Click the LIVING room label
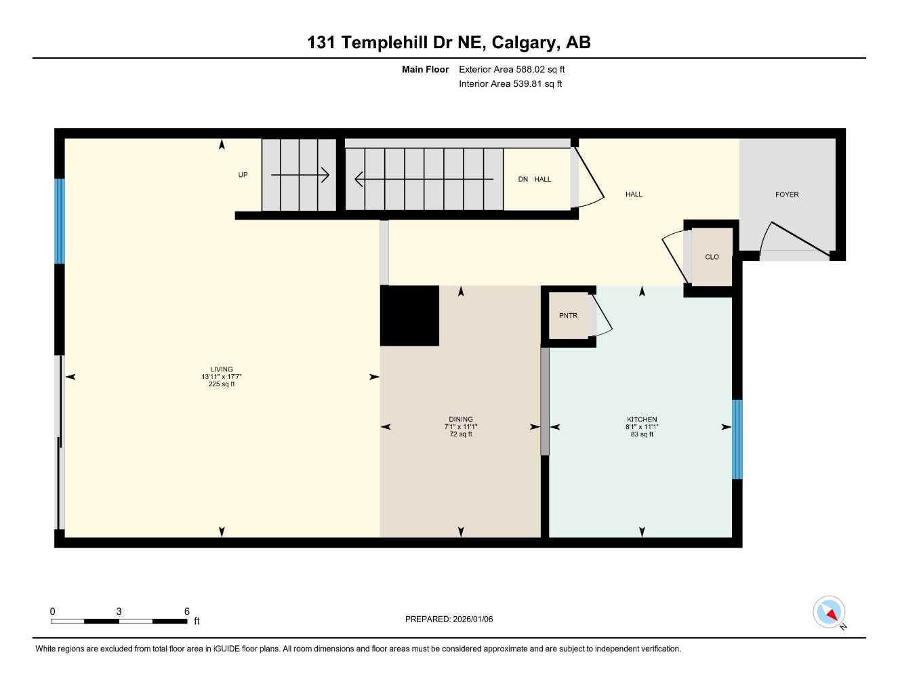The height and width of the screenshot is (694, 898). [222, 369]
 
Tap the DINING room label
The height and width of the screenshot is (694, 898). [460, 419]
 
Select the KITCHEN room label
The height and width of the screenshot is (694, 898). [642, 419]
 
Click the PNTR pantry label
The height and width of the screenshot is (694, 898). [568, 316]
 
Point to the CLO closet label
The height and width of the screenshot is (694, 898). [712, 257]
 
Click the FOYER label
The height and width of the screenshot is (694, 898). [787, 195]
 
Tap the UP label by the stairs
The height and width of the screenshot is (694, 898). [243, 175]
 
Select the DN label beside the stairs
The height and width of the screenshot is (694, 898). [523, 180]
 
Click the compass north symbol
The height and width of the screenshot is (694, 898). [829, 613]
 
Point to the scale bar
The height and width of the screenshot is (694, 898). [119, 621]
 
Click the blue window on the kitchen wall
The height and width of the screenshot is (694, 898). [737, 439]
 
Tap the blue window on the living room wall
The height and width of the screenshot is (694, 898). [60, 221]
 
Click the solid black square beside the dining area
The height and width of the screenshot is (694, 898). [409, 316]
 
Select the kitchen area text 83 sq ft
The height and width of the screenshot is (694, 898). [642, 434]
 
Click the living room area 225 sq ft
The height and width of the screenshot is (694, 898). [222, 384]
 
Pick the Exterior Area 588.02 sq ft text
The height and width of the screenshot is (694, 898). [512, 69]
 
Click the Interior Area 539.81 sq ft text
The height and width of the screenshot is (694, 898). [510, 84]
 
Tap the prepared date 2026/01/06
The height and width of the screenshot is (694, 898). [449, 619]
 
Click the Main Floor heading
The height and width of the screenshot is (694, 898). [425, 69]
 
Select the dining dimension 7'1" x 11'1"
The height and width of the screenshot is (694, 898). [461, 427]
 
